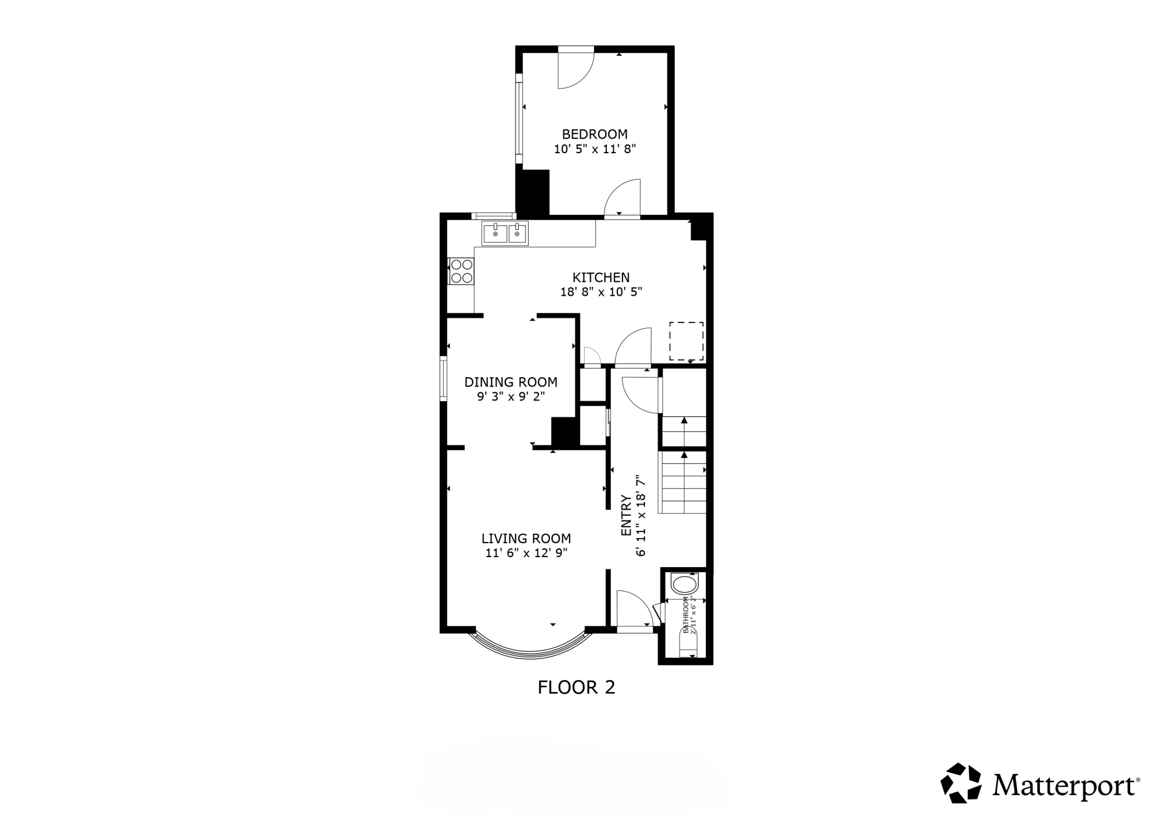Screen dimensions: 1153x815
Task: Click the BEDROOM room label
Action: (x=595, y=134)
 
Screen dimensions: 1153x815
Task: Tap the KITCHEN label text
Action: (x=601, y=277)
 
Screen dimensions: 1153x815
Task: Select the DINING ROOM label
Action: (x=511, y=382)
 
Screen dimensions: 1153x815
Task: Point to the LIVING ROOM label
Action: (x=526, y=538)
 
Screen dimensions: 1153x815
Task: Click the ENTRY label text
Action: (x=627, y=516)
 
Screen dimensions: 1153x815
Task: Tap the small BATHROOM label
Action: (x=686, y=615)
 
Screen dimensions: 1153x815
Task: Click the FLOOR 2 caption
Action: (x=576, y=688)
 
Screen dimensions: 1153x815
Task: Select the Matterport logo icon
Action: (x=961, y=783)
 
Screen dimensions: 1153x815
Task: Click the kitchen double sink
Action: (x=505, y=233)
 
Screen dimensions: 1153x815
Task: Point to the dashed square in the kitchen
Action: (x=686, y=341)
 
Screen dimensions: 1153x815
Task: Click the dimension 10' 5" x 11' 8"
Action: (x=595, y=149)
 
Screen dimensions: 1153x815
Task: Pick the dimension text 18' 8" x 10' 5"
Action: (x=601, y=292)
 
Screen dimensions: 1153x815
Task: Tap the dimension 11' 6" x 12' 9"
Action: (x=526, y=553)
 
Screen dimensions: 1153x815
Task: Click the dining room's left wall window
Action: (x=443, y=379)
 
